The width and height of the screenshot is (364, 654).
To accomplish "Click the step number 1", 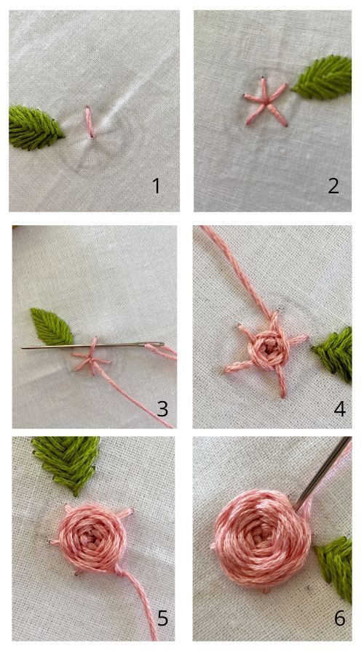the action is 157,185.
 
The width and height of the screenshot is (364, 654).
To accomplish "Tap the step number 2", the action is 333,185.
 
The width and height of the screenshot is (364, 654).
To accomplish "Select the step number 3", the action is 162,408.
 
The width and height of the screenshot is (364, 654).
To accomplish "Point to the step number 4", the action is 339,408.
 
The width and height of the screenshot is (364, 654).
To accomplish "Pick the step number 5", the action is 162,618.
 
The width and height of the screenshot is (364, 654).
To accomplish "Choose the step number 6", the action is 340,618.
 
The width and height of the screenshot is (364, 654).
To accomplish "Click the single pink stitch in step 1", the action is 90,122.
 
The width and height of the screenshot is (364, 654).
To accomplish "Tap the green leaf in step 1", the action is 36,128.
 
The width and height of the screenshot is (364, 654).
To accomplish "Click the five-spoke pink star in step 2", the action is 266,101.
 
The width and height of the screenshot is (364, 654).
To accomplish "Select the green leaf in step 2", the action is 323,78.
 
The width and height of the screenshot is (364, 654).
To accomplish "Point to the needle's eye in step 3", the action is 154,344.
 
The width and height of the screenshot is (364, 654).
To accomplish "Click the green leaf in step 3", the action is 52,326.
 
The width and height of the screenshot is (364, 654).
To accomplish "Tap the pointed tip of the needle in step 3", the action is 23,347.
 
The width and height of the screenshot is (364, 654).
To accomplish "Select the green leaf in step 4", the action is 333,354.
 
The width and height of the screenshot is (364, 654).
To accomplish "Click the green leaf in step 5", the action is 68,463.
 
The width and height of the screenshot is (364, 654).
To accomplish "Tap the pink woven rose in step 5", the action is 90,536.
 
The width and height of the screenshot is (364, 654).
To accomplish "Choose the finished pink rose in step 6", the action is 262,538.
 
